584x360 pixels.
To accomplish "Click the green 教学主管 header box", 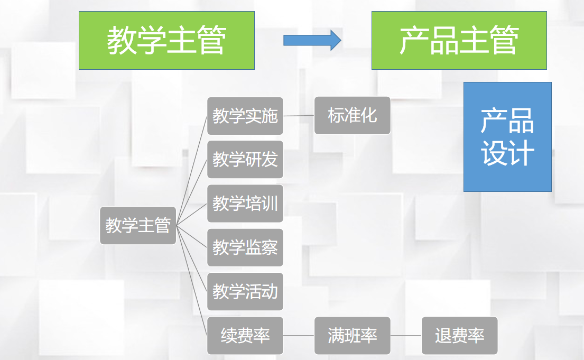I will click(166, 41).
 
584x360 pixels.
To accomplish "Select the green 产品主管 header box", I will click(459, 41).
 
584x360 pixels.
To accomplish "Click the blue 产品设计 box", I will click(507, 136).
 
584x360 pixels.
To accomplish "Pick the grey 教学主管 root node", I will click(137, 225).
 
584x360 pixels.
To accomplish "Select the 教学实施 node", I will click(245, 116).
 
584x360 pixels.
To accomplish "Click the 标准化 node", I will click(352, 115).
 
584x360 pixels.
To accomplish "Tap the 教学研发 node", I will click(245, 159).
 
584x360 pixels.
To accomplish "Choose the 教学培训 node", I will click(245, 203).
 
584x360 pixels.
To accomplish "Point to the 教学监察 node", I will click(245, 247).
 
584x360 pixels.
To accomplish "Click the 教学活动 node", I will click(245, 291).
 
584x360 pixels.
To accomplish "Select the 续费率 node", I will click(245, 336).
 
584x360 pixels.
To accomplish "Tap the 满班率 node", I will click(352, 336).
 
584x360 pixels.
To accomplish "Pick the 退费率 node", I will click(459, 336).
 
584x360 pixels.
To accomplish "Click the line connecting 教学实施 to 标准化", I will click(299, 116).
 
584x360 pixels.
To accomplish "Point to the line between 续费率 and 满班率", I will click(299, 336).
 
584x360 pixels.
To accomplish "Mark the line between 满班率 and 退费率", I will click(406, 336).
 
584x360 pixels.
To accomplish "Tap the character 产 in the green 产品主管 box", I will click(414, 41).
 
